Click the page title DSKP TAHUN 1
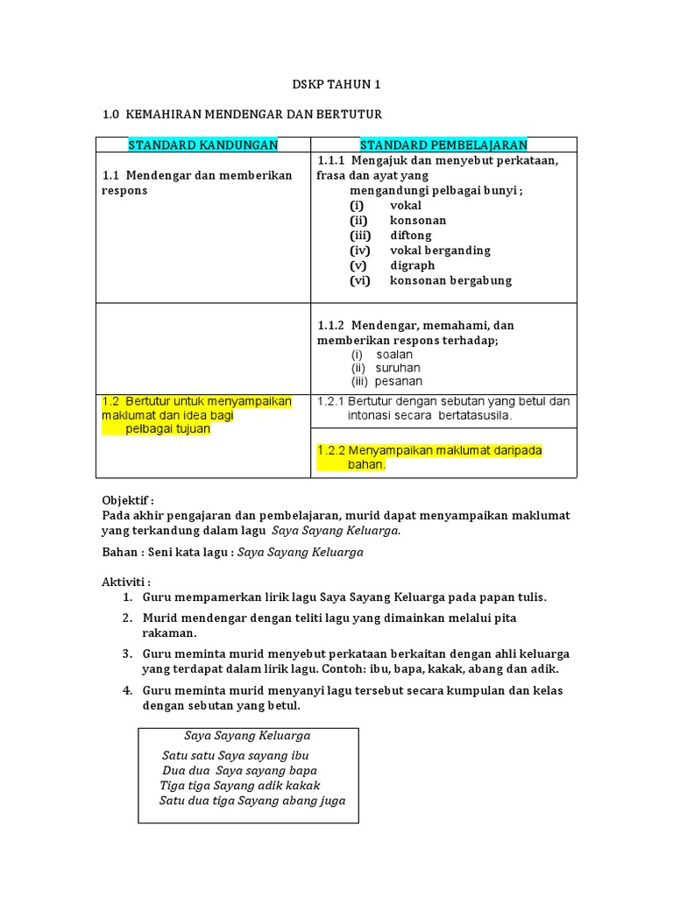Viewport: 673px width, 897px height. (336, 85)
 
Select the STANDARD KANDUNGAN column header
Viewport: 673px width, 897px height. (202, 145)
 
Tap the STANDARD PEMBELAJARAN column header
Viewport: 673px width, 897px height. (443, 145)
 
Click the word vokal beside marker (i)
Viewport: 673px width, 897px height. (406, 206)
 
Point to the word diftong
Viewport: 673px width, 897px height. (411, 236)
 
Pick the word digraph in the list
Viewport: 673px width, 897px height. (413, 265)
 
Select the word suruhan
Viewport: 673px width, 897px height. (398, 368)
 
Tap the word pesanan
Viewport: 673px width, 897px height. (399, 382)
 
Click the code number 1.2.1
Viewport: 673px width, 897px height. (331, 401)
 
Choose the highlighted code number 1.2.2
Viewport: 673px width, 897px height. (331, 450)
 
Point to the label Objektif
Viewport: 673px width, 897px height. (126, 500)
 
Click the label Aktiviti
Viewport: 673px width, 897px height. (125, 582)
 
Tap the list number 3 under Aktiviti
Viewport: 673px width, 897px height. (127, 653)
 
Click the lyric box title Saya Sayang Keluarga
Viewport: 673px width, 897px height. (247, 736)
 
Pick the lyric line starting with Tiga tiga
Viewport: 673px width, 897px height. (240, 786)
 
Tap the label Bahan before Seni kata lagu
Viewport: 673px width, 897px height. (119, 553)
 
